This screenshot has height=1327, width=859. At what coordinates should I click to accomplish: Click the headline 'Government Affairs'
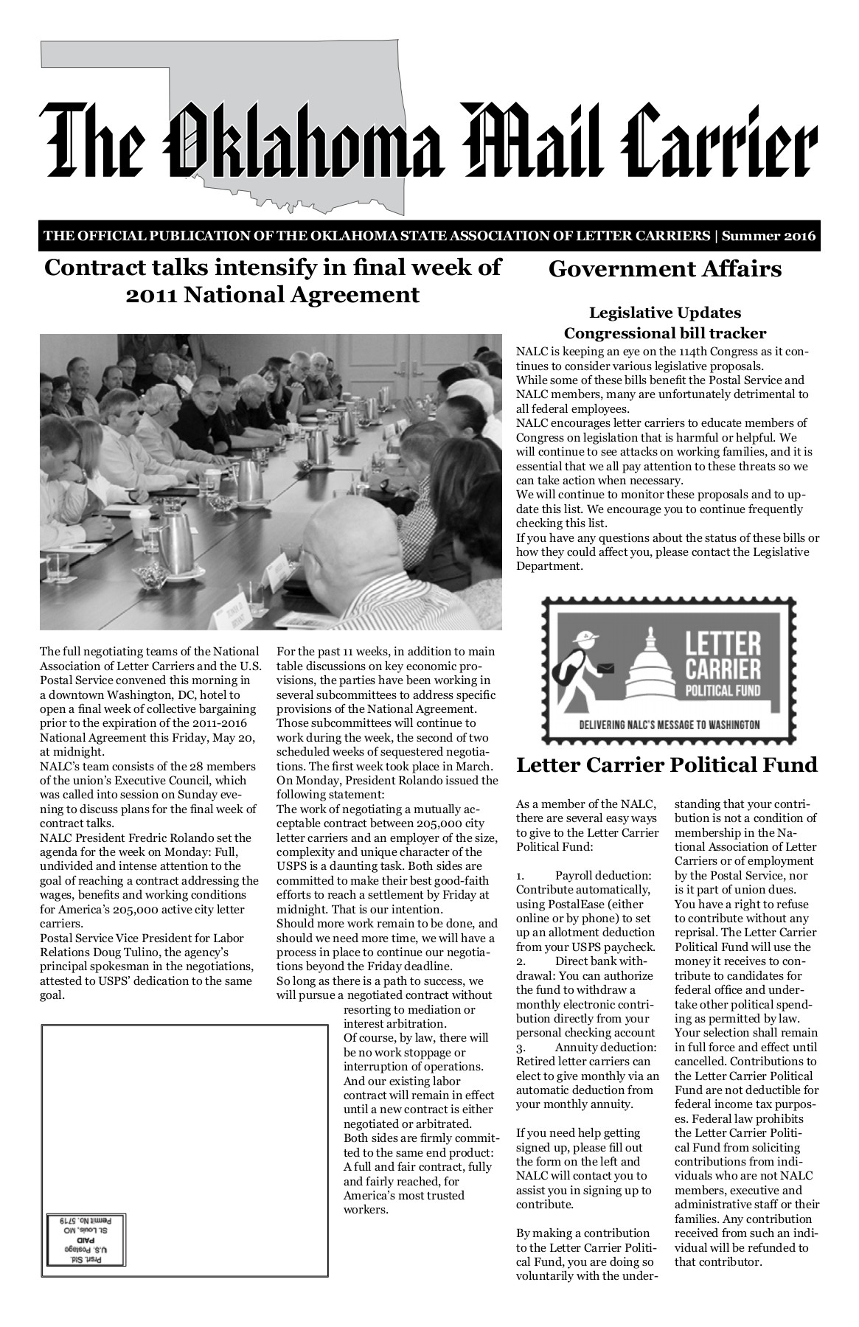pos(664,269)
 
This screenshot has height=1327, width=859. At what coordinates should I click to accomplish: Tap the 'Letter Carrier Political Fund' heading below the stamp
pos(667,764)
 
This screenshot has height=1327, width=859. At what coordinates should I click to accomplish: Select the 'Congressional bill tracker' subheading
pos(664,332)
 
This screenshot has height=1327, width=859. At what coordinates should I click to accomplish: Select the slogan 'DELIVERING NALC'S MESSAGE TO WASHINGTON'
pos(670,724)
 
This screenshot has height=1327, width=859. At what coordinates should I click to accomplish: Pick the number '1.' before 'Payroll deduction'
pos(521,875)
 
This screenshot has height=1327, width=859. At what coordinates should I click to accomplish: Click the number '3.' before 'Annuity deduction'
pos(521,1047)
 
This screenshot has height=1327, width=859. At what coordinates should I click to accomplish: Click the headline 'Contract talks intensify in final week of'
pos(273,267)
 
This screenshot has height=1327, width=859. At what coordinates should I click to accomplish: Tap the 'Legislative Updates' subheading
pos(664,313)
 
